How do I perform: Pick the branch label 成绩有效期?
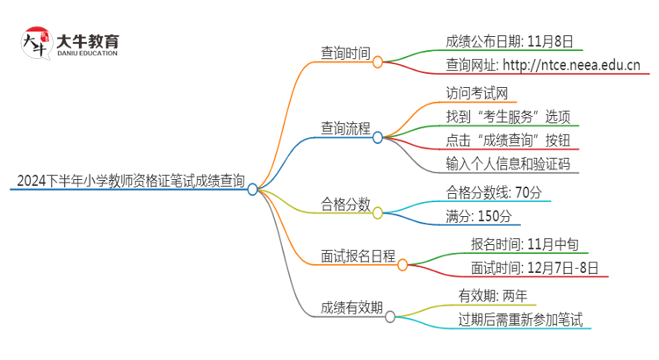click(x=351, y=307)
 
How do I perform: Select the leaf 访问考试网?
click(x=475, y=91)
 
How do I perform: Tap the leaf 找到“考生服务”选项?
click(x=508, y=116)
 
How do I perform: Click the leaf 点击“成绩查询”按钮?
click(x=508, y=140)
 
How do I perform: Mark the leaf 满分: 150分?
click(x=478, y=216)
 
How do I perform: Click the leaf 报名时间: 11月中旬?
click(x=525, y=244)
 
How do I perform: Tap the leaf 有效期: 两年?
click(x=489, y=295)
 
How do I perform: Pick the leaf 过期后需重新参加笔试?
click(x=520, y=320)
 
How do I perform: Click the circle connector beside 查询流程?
click(x=378, y=137)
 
